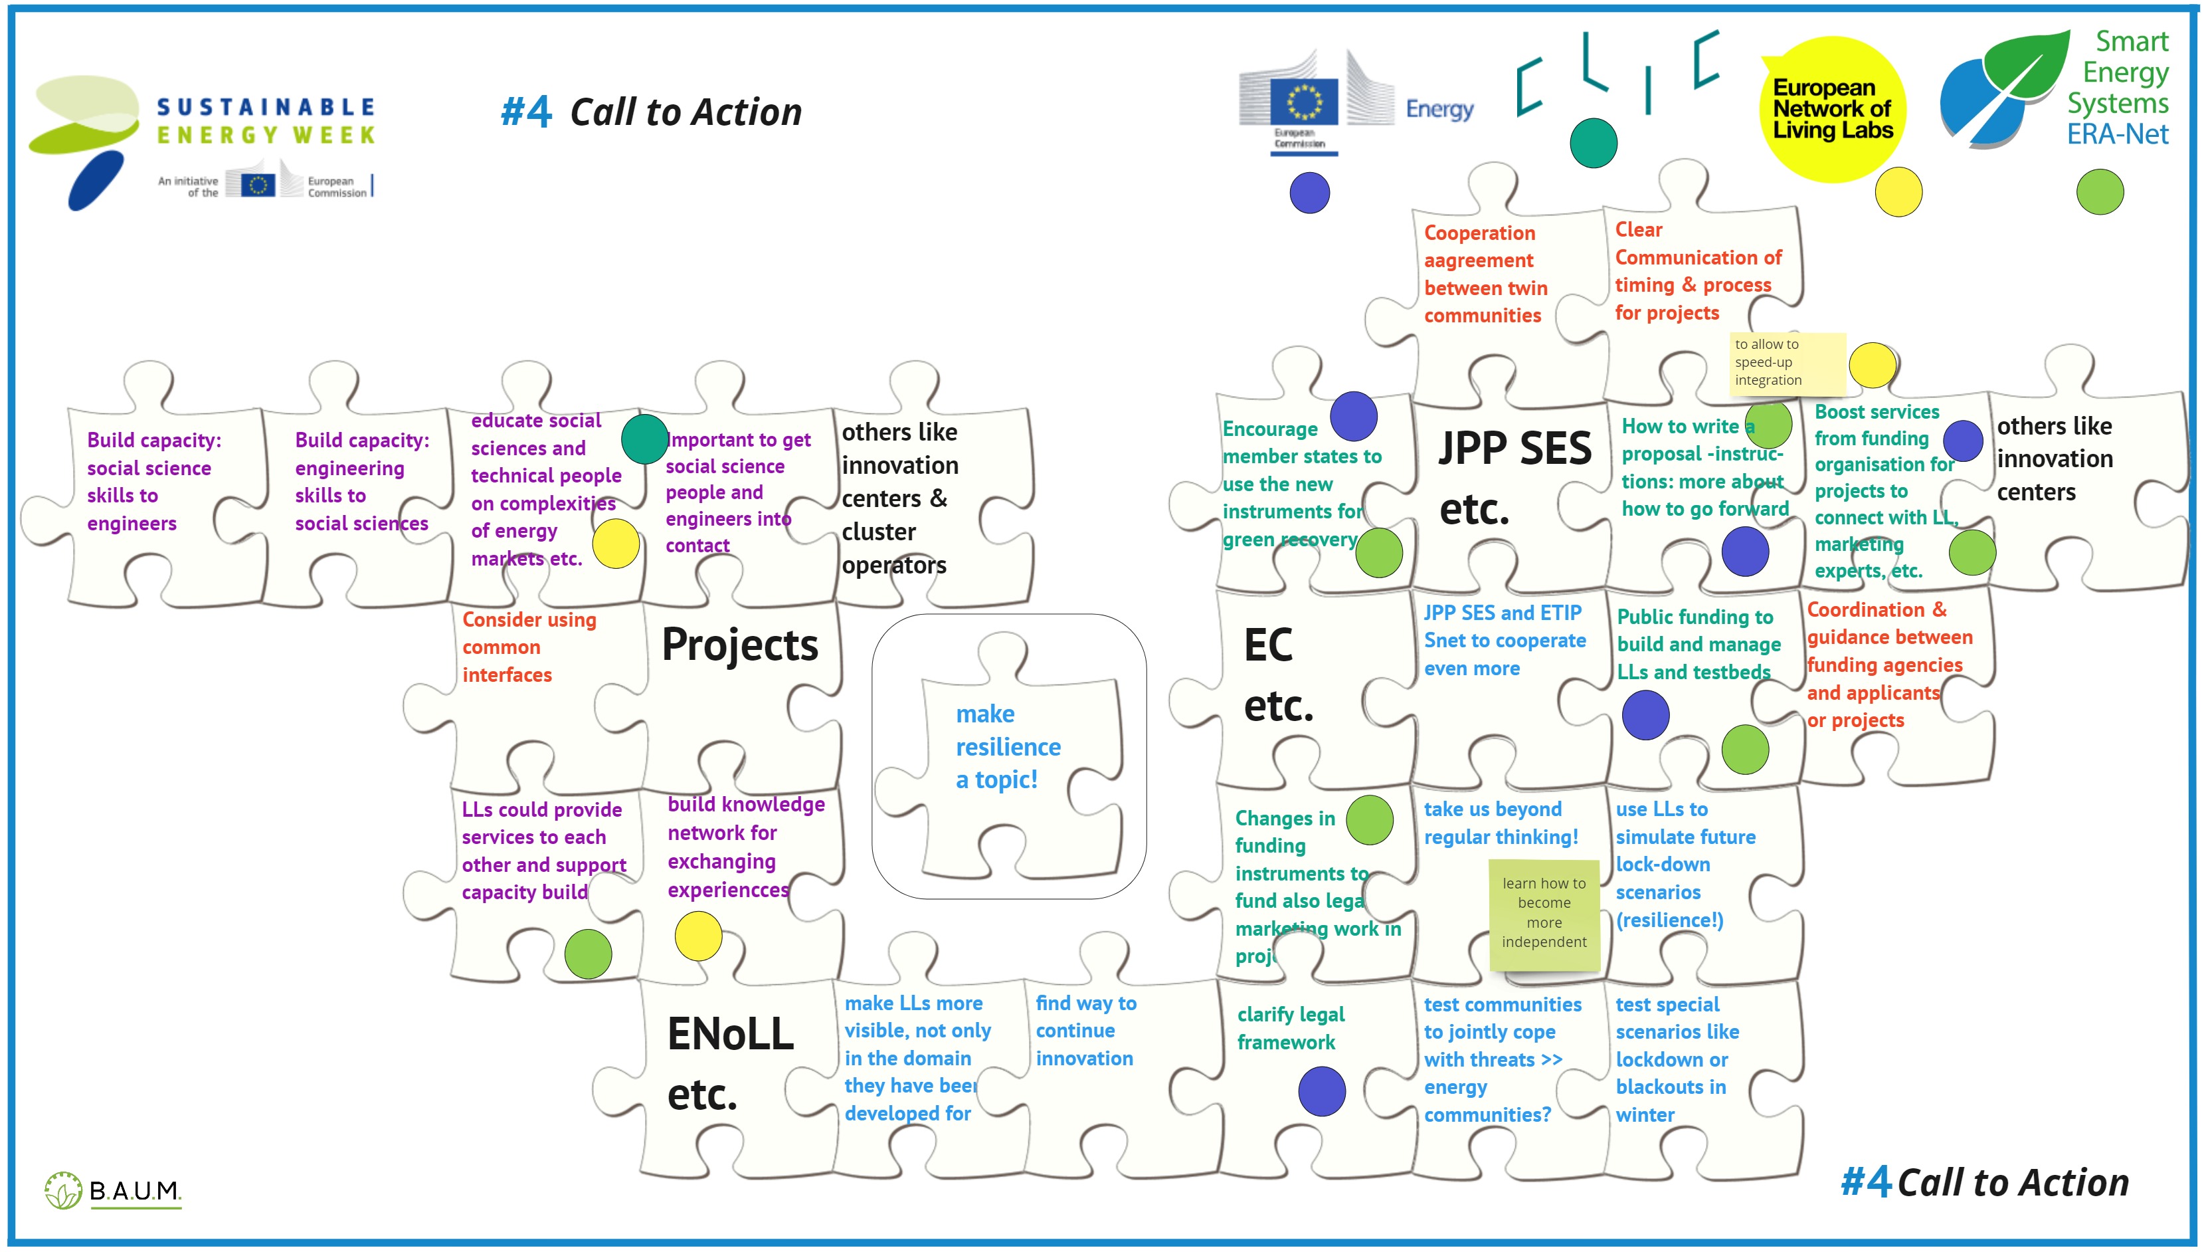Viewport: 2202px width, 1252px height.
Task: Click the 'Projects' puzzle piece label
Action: tap(739, 644)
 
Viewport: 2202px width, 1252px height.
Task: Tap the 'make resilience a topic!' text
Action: tap(1007, 746)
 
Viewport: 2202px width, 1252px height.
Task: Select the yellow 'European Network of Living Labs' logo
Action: tap(1833, 109)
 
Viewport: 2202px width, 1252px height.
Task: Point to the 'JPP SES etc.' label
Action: tap(1514, 477)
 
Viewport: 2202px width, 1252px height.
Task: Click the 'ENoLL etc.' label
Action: tap(730, 1063)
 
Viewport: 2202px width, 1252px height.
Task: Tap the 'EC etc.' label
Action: tap(1278, 675)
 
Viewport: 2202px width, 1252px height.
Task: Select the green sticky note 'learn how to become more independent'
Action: tap(1544, 912)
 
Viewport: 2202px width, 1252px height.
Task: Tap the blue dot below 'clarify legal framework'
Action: tap(1321, 1091)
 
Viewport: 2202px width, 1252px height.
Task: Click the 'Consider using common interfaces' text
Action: tap(529, 647)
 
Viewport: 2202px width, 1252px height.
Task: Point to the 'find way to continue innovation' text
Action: tap(1085, 1030)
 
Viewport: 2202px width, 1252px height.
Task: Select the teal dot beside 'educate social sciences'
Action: tap(644, 439)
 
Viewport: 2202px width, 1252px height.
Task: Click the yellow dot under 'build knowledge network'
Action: tap(698, 936)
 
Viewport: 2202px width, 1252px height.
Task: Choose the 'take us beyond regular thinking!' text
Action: tap(1501, 823)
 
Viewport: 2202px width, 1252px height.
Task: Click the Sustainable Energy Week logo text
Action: tap(266, 120)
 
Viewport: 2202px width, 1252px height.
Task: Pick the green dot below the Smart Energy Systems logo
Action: tap(2099, 192)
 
